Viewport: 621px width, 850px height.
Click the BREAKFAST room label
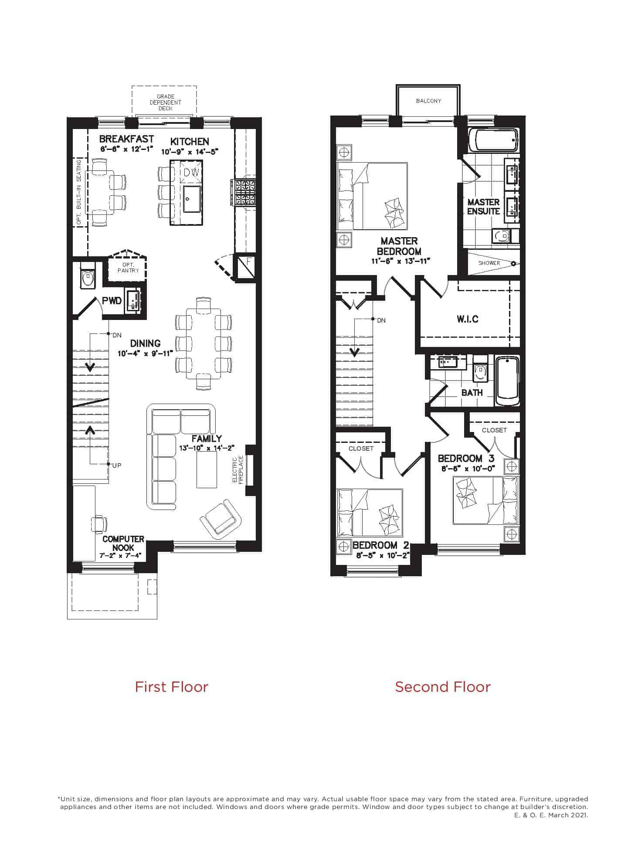[126, 139]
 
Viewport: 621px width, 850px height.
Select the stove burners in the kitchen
[245, 192]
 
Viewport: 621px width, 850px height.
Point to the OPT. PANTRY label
[128, 268]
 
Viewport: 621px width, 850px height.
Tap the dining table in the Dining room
[203, 343]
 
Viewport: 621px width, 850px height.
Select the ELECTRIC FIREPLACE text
[238, 470]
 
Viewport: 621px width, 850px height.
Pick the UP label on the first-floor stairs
[117, 466]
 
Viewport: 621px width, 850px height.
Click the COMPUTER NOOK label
[123, 544]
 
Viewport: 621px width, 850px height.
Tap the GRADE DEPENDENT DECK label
[165, 102]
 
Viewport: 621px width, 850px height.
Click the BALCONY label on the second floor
[428, 101]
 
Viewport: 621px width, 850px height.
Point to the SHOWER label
[489, 263]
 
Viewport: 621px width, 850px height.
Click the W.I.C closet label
[468, 319]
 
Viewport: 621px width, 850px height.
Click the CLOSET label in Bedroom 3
[494, 430]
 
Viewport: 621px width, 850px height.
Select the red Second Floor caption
[443, 687]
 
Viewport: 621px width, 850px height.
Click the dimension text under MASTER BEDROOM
[400, 261]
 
